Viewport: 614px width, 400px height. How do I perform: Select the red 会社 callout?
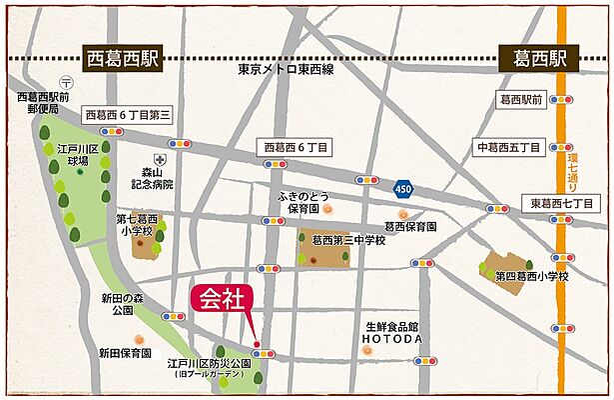222,299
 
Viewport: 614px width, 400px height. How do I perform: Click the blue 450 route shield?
402,187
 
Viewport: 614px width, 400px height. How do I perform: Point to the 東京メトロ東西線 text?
286,72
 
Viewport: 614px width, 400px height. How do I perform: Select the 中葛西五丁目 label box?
509,147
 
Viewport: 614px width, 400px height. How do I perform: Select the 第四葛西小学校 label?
532,275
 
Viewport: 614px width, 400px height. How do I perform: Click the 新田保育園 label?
125,353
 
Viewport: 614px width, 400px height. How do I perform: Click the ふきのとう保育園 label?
297,202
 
